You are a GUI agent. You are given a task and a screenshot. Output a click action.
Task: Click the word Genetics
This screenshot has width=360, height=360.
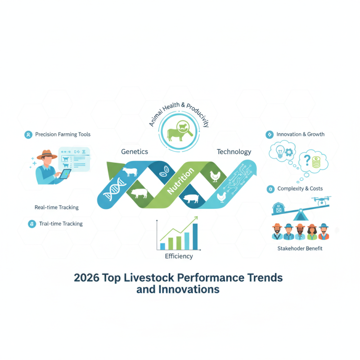pos(135,152)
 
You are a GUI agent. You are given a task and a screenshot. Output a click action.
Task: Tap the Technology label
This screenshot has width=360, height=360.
pos(234,152)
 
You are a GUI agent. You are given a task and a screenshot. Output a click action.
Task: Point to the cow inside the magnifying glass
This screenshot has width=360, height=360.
pos(175,133)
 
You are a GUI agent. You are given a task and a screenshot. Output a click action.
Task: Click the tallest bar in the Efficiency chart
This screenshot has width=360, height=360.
pos(195,236)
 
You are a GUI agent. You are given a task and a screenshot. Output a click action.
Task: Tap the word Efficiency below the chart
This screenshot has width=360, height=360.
pos(179,256)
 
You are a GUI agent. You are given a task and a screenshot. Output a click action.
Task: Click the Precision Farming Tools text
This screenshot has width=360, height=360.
pos(63,134)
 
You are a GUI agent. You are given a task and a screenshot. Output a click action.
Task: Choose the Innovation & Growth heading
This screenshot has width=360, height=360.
pos(300,134)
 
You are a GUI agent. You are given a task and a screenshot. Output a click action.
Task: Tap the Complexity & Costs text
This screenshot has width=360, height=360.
pos(300,189)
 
